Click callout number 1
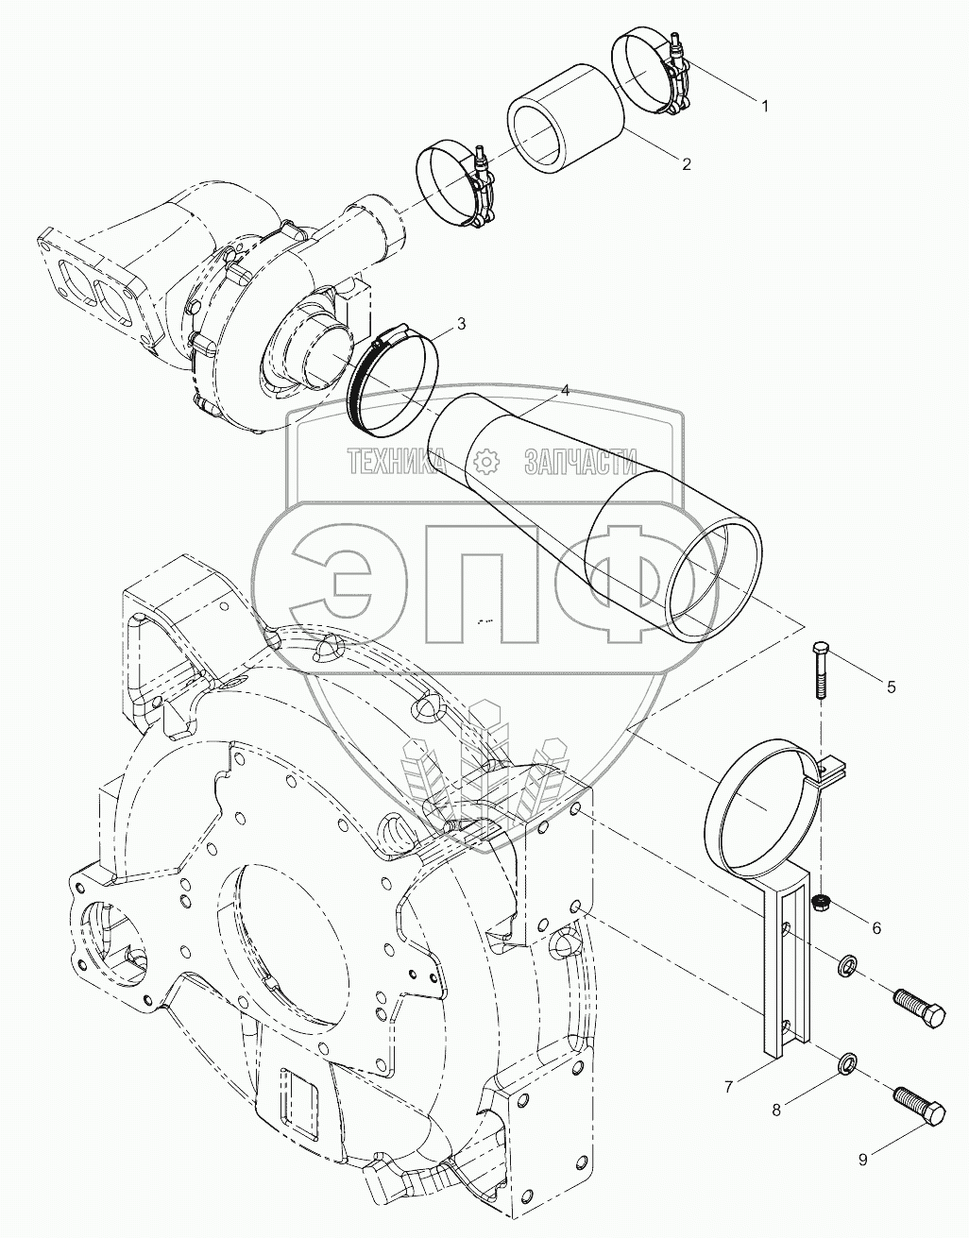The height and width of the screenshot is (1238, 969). point(765,106)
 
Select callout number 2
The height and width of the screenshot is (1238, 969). point(686,164)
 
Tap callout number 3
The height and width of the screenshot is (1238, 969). point(461,324)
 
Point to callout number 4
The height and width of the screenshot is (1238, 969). point(565,390)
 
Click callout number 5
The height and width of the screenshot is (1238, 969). point(891,687)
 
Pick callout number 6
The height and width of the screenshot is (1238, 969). point(876,928)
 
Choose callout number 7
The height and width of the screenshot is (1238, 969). point(728,1087)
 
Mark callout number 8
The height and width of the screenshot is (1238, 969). point(776,1110)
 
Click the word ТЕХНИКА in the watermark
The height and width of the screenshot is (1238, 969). point(398,462)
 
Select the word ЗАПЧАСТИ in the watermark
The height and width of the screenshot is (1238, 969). point(580,462)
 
